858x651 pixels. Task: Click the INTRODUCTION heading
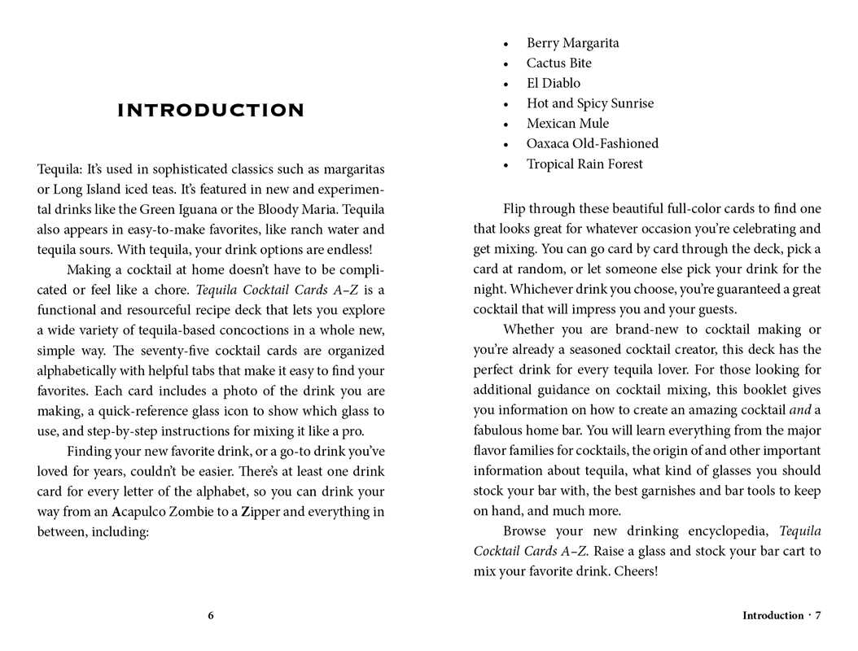(x=211, y=111)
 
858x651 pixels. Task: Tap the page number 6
(x=211, y=616)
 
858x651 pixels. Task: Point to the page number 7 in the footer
(x=818, y=616)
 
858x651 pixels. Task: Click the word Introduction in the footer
(x=773, y=616)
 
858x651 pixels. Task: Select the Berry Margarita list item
(x=572, y=43)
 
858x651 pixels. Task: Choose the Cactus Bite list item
(x=558, y=63)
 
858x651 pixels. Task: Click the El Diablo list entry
(x=554, y=83)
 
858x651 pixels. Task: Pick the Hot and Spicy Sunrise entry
(x=589, y=103)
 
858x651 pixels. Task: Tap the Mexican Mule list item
(x=567, y=124)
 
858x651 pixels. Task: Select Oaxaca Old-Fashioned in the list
(x=592, y=144)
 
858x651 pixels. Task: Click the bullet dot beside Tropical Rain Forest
(x=506, y=165)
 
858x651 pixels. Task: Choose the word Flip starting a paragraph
(x=516, y=209)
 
